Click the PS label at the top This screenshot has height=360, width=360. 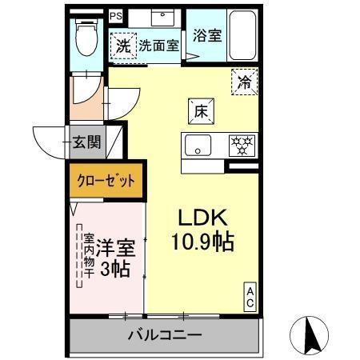click(x=117, y=15)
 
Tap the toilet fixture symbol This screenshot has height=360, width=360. click(x=84, y=37)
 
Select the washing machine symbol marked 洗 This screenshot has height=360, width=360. click(x=124, y=46)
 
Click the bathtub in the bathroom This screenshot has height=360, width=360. click(x=239, y=34)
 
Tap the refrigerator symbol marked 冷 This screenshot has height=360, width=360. click(x=246, y=81)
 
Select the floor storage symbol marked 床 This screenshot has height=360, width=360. click(x=199, y=112)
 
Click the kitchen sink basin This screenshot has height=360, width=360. click(x=198, y=146)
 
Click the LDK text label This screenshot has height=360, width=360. click(x=204, y=217)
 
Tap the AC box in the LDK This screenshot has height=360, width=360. click(x=249, y=298)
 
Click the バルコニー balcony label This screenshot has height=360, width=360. click(x=165, y=334)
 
